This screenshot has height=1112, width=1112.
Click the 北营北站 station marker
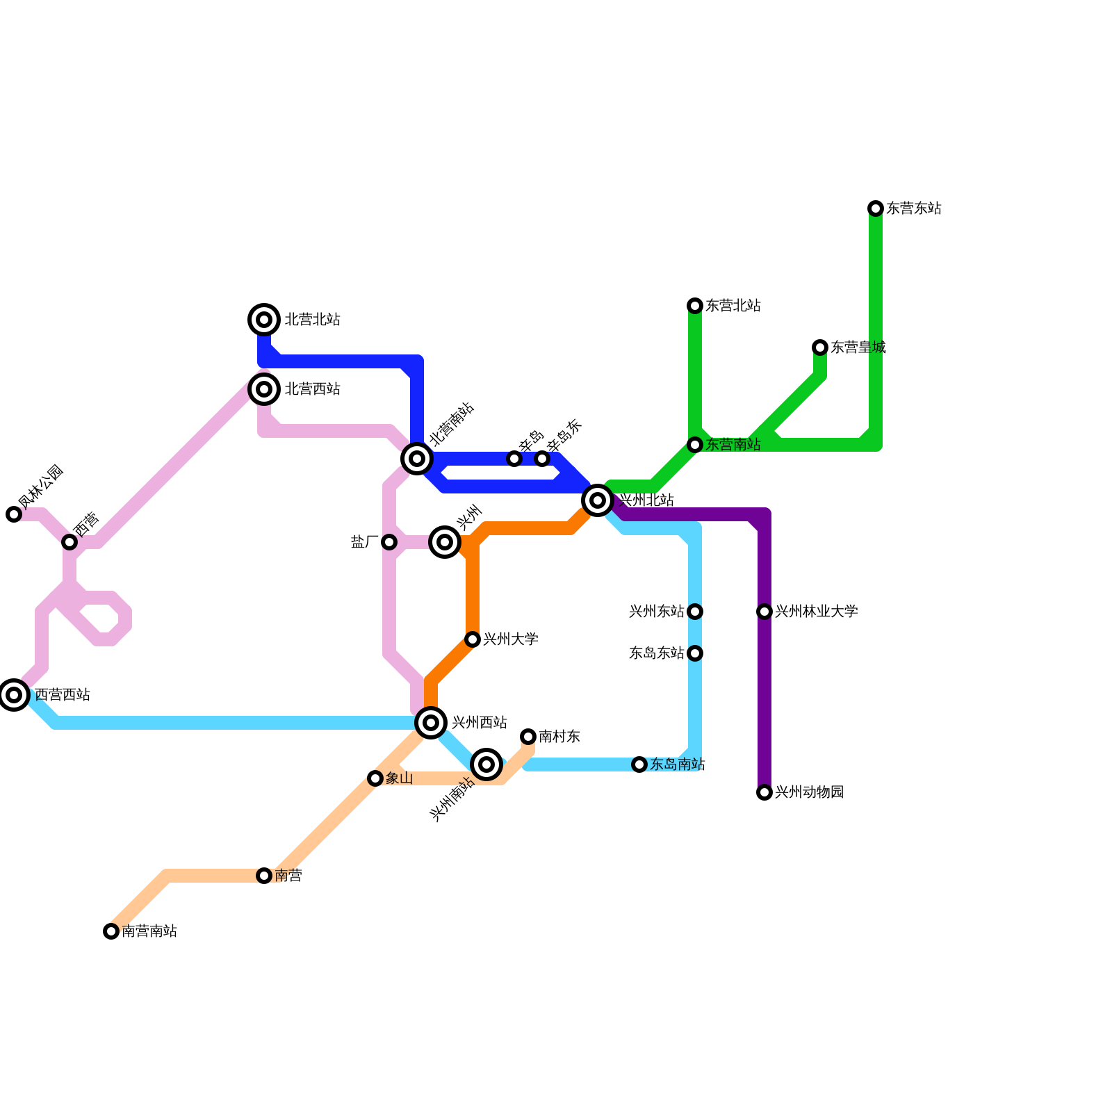point(264,320)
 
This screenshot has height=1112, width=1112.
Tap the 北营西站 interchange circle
point(264,389)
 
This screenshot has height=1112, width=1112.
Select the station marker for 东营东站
point(876,208)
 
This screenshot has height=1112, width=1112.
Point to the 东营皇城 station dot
point(820,347)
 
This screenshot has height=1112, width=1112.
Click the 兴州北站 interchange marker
point(598,500)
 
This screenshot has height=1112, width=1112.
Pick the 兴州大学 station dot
point(473,639)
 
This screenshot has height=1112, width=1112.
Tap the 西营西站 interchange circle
point(14,695)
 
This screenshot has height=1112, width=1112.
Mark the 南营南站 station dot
point(111,931)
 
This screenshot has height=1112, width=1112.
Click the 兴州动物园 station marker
point(764,792)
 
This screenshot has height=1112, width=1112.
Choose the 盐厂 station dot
point(389,542)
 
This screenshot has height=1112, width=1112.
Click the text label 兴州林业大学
point(816,612)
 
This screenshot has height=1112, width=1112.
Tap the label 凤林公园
point(40,486)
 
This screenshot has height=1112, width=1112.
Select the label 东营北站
point(733,306)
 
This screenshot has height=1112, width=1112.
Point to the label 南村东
point(559,737)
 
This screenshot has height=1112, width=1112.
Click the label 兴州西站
point(480,723)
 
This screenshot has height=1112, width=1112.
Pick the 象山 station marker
point(375,778)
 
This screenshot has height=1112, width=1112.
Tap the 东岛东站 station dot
point(695,653)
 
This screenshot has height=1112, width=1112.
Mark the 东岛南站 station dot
point(639,764)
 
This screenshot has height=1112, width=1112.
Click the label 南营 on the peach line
point(288,876)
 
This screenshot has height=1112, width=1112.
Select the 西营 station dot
point(69,542)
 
